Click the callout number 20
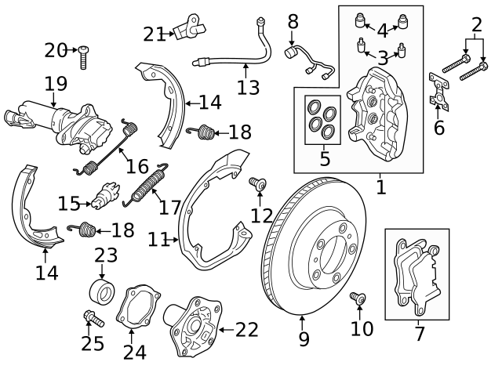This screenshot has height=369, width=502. pos(56,51)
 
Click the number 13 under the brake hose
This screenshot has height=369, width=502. pos(248,87)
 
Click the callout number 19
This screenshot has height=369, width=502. pos(56,83)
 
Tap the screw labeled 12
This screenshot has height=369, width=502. pos(256,184)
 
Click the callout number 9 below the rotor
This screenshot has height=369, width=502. pos(304,340)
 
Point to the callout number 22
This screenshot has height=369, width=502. pos(246,330)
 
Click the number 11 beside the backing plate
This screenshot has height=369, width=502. pos(158,239)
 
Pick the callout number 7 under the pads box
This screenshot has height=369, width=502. pos(419,334)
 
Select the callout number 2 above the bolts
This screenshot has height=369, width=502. pos(476,24)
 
